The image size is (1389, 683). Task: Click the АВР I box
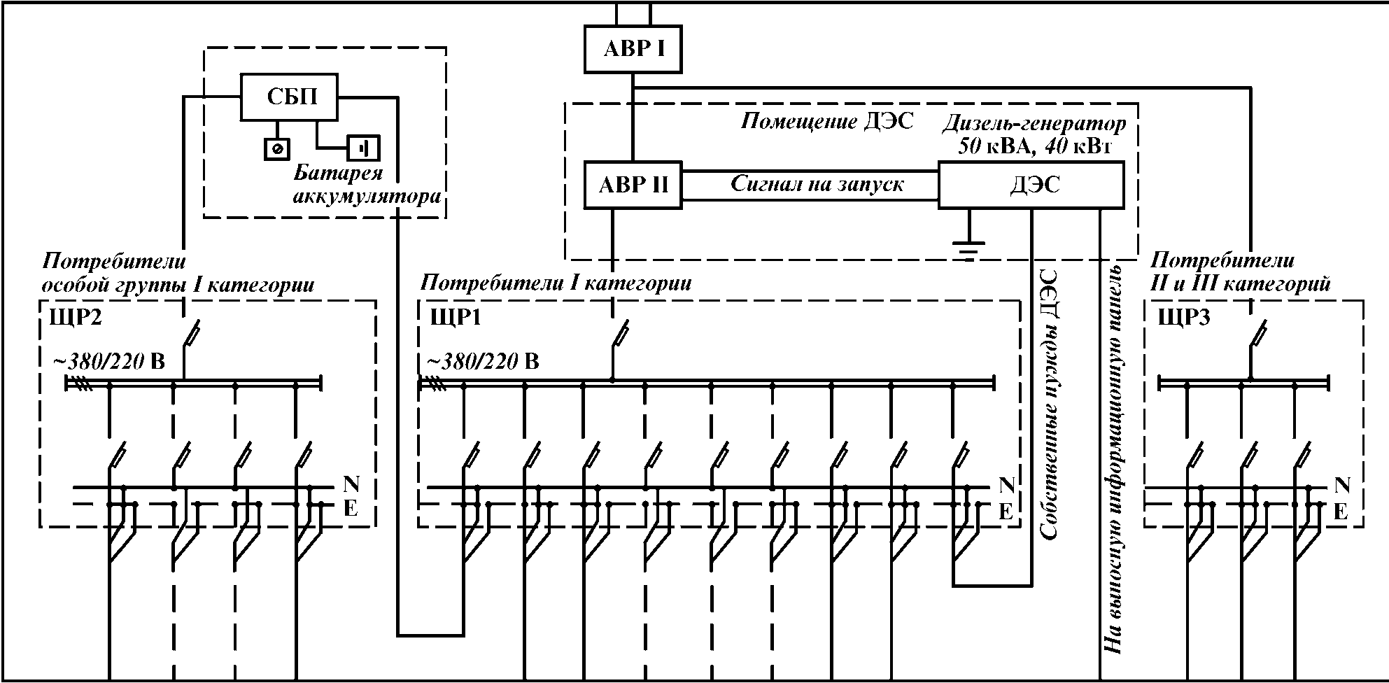(633, 49)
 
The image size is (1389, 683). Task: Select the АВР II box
(633, 185)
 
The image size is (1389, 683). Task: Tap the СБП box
(290, 97)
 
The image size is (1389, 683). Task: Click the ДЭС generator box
(1031, 185)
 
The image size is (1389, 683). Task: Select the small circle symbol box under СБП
(277, 149)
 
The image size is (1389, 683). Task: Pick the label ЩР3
(1184, 318)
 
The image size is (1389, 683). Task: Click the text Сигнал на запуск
(817, 184)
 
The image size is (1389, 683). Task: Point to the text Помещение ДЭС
(827, 122)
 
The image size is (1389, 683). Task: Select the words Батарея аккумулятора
(367, 184)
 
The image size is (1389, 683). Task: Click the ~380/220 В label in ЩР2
(109, 362)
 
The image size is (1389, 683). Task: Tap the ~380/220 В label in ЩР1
(483, 362)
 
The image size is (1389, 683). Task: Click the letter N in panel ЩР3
(1341, 484)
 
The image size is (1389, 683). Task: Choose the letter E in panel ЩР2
(351, 509)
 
